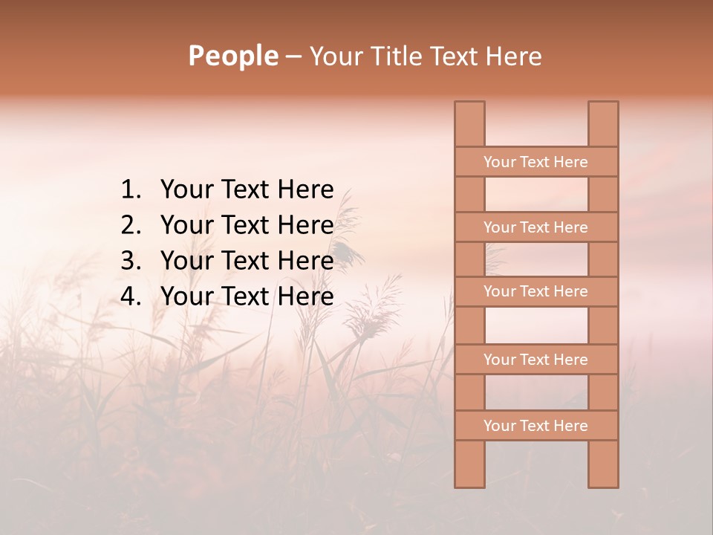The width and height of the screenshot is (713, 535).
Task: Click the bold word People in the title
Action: point(232,56)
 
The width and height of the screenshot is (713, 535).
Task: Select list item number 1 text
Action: point(247,189)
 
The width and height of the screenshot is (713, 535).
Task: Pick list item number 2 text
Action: point(247,225)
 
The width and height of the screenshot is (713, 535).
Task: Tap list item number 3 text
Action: point(247,261)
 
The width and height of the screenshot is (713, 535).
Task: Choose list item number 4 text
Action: point(247,296)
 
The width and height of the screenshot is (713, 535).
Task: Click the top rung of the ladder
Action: point(535,162)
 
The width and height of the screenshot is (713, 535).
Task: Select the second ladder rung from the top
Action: point(535,227)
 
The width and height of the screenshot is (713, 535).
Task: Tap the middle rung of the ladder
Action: point(535,291)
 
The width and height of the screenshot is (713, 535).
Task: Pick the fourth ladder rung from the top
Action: point(535,360)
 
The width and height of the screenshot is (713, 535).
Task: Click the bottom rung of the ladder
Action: point(535,426)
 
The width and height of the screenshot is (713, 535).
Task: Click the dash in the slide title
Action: point(293,56)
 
